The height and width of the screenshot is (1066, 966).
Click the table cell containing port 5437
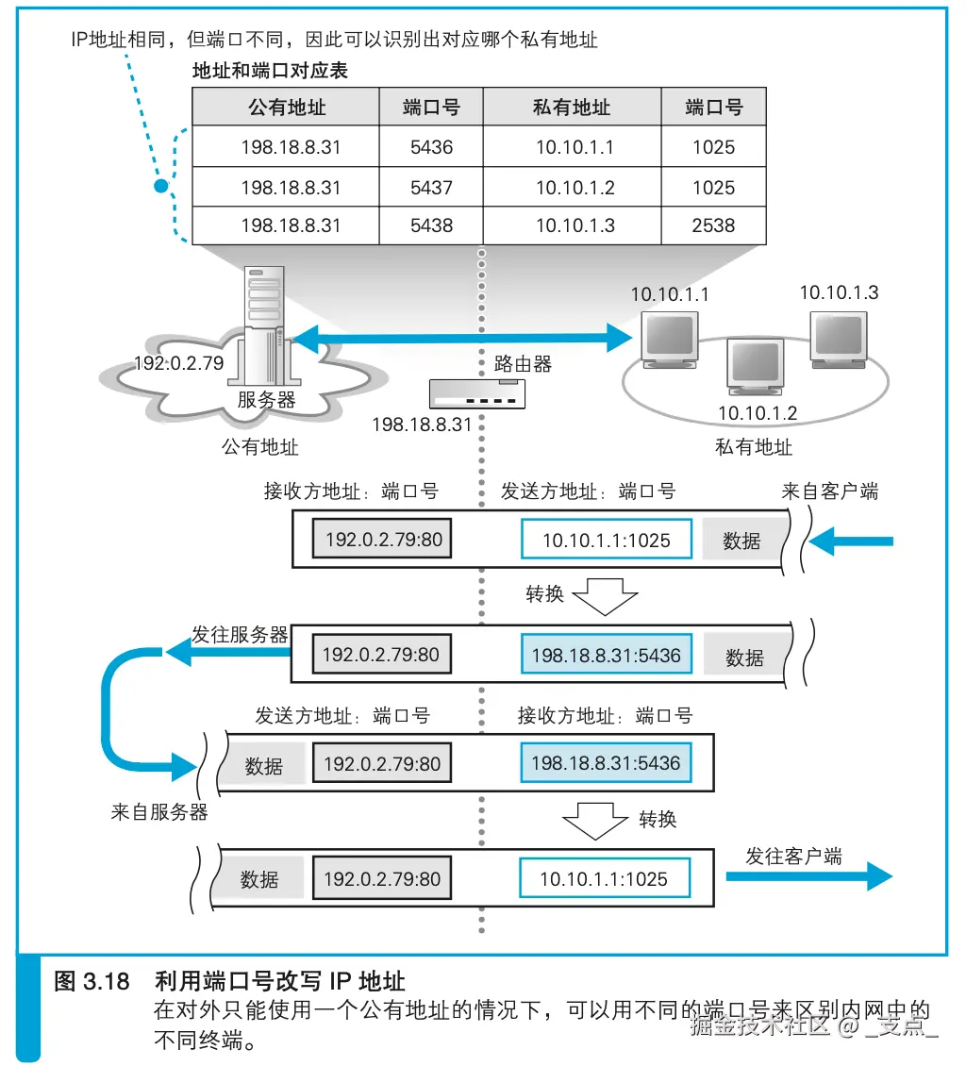click(x=431, y=188)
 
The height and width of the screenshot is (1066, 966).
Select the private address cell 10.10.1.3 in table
click(x=575, y=225)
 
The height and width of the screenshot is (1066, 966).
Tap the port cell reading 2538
click(x=712, y=225)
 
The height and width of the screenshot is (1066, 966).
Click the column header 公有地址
click(x=286, y=108)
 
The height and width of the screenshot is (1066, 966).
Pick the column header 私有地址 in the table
click(x=572, y=108)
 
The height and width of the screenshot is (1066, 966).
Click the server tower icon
click(x=265, y=321)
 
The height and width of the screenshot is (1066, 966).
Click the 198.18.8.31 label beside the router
click(x=421, y=425)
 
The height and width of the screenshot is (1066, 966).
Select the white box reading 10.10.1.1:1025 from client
click(x=606, y=541)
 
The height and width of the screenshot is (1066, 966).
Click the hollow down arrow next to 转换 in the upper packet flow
click(x=606, y=596)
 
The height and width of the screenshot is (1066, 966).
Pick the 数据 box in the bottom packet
click(x=259, y=879)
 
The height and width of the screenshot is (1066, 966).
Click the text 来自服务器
click(x=159, y=812)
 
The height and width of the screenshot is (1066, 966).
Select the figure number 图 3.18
click(x=92, y=980)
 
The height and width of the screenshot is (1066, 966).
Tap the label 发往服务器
click(x=240, y=635)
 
